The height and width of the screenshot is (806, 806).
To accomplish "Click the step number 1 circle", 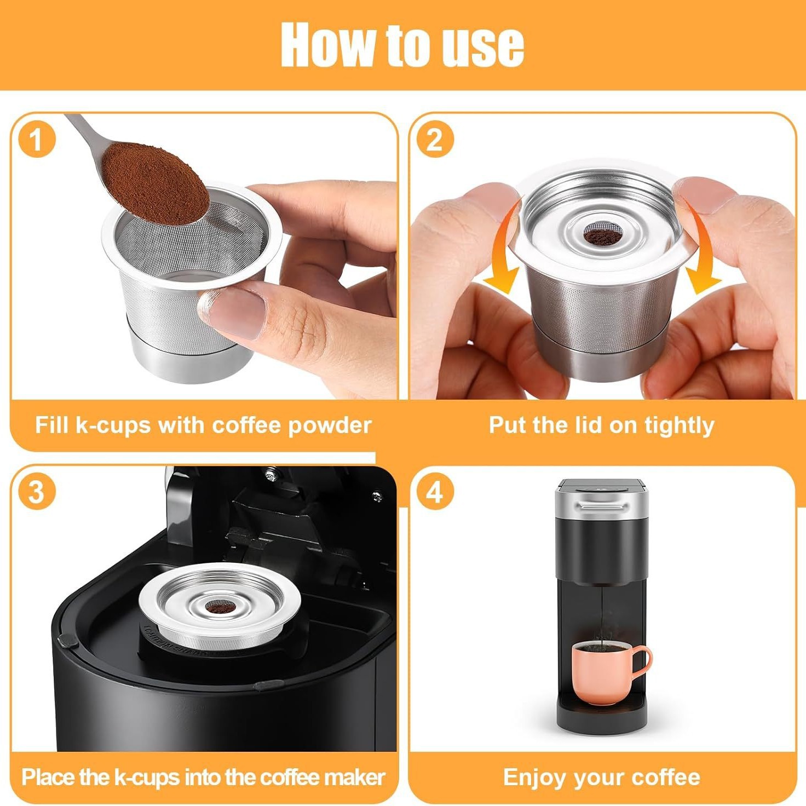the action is coord(37,139).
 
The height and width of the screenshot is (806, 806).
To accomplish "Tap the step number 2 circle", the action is coord(435,139).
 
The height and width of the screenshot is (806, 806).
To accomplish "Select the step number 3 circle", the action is coord(37,492).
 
